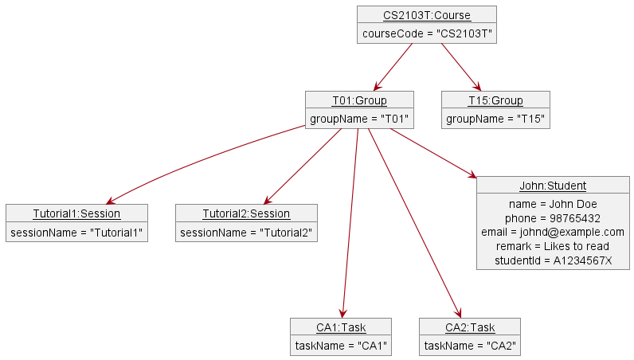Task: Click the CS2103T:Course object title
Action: (x=426, y=15)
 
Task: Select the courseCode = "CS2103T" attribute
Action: (x=426, y=33)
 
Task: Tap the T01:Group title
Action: (x=359, y=100)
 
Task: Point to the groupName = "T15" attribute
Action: (x=495, y=119)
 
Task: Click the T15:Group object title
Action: (x=495, y=100)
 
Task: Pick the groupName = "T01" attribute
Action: (x=359, y=119)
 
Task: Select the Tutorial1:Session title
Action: (x=76, y=213)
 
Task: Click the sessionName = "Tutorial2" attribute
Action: (x=246, y=233)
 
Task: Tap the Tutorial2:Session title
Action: (x=246, y=213)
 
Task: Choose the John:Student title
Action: (x=553, y=186)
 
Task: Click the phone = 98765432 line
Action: (x=553, y=217)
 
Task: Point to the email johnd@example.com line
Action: (x=553, y=232)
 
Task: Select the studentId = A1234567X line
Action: (x=553, y=260)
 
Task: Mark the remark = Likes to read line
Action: (x=553, y=246)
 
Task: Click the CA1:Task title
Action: (x=341, y=327)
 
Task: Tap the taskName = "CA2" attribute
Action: (x=470, y=346)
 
